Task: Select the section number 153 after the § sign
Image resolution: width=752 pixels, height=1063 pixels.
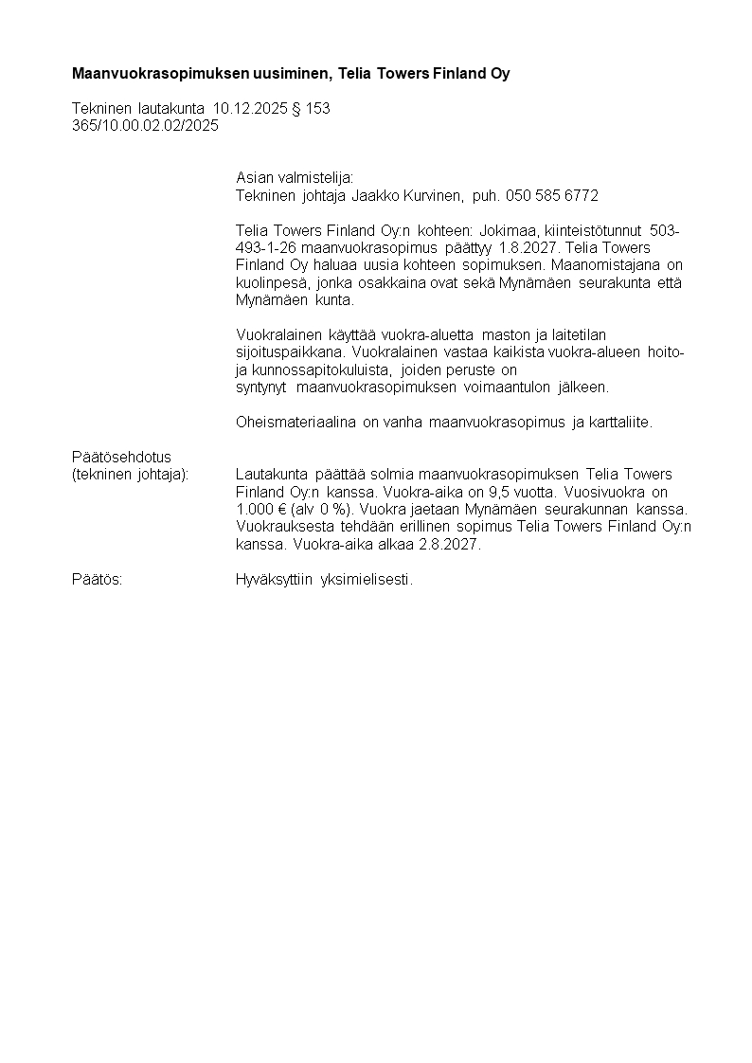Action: coord(318,109)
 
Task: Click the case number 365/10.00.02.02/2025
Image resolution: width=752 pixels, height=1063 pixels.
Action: coord(145,126)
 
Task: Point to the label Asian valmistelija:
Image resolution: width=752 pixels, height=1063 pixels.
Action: coord(295,178)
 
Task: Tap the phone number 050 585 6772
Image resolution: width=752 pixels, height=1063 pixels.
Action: coord(552,195)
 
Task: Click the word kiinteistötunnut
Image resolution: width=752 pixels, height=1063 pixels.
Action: coord(594,230)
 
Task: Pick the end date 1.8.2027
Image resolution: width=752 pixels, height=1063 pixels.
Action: coord(528,247)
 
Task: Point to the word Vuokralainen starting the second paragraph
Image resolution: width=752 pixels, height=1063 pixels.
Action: coord(278,334)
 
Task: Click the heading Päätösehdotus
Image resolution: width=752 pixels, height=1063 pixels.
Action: coord(121,457)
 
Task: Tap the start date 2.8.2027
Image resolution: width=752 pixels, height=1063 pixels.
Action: coord(450,544)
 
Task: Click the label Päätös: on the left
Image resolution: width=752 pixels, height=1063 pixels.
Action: coord(98,580)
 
